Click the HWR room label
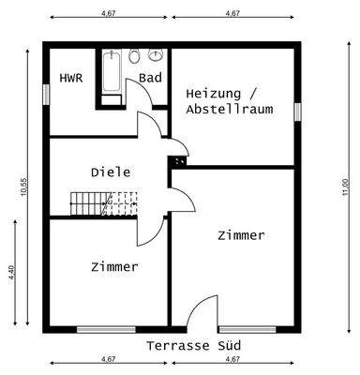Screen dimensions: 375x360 [x=71, y=78]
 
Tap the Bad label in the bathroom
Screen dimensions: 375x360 [x=151, y=78]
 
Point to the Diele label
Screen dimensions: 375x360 [x=111, y=172]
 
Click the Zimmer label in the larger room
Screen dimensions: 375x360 [x=241, y=235]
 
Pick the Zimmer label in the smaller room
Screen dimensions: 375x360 [x=114, y=267]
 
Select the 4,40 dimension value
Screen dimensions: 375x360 [x=12, y=273]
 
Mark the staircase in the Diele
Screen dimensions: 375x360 [x=93, y=202]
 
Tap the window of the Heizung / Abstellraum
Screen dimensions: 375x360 [x=297, y=111]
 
